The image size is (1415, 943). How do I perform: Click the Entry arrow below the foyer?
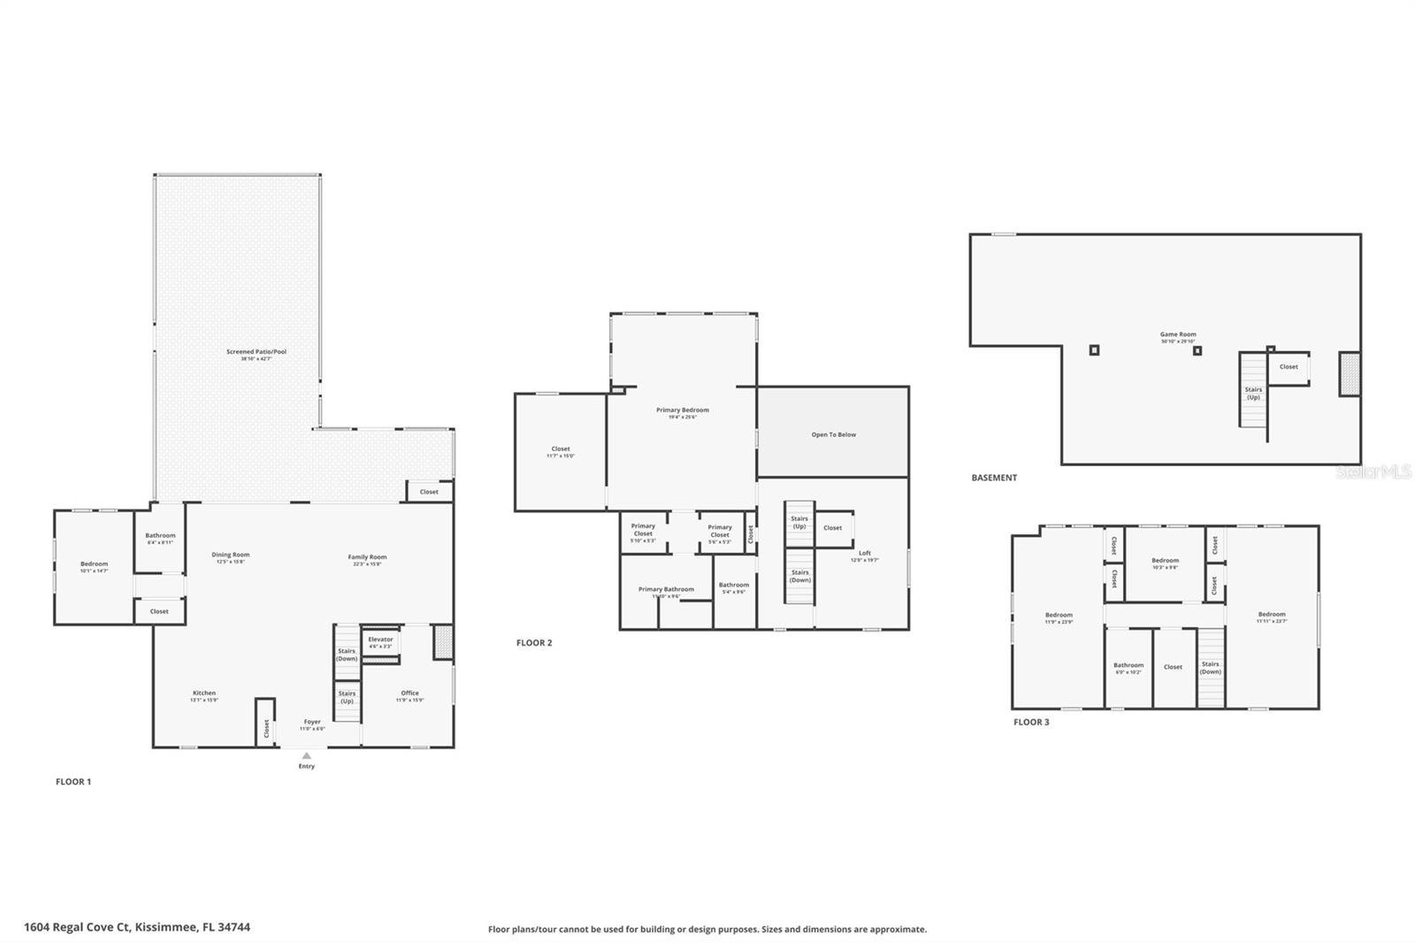[306, 755]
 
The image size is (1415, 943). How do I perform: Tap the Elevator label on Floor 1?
[380, 640]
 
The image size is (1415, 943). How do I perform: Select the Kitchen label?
[204, 694]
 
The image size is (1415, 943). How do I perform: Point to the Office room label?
[409, 694]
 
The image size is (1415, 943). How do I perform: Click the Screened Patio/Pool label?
[256, 352]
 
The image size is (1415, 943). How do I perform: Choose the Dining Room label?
[230, 555]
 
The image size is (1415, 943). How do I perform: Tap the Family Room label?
[367, 557]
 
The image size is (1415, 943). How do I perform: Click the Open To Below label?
[833, 434]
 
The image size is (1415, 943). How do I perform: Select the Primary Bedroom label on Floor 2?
[682, 410]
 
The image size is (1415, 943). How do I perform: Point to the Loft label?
[864, 554]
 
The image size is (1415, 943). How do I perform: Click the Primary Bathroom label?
[666, 589]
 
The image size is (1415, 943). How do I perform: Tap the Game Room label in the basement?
[1178, 335]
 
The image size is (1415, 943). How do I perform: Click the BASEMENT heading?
[994, 478]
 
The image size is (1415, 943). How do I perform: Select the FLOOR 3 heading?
[1031, 723]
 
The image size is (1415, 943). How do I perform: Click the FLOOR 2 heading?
[534, 643]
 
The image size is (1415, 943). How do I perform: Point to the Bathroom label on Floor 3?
[1128, 665]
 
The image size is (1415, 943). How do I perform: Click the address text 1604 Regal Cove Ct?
[137, 927]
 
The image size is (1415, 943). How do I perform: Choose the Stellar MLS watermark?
[1373, 472]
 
